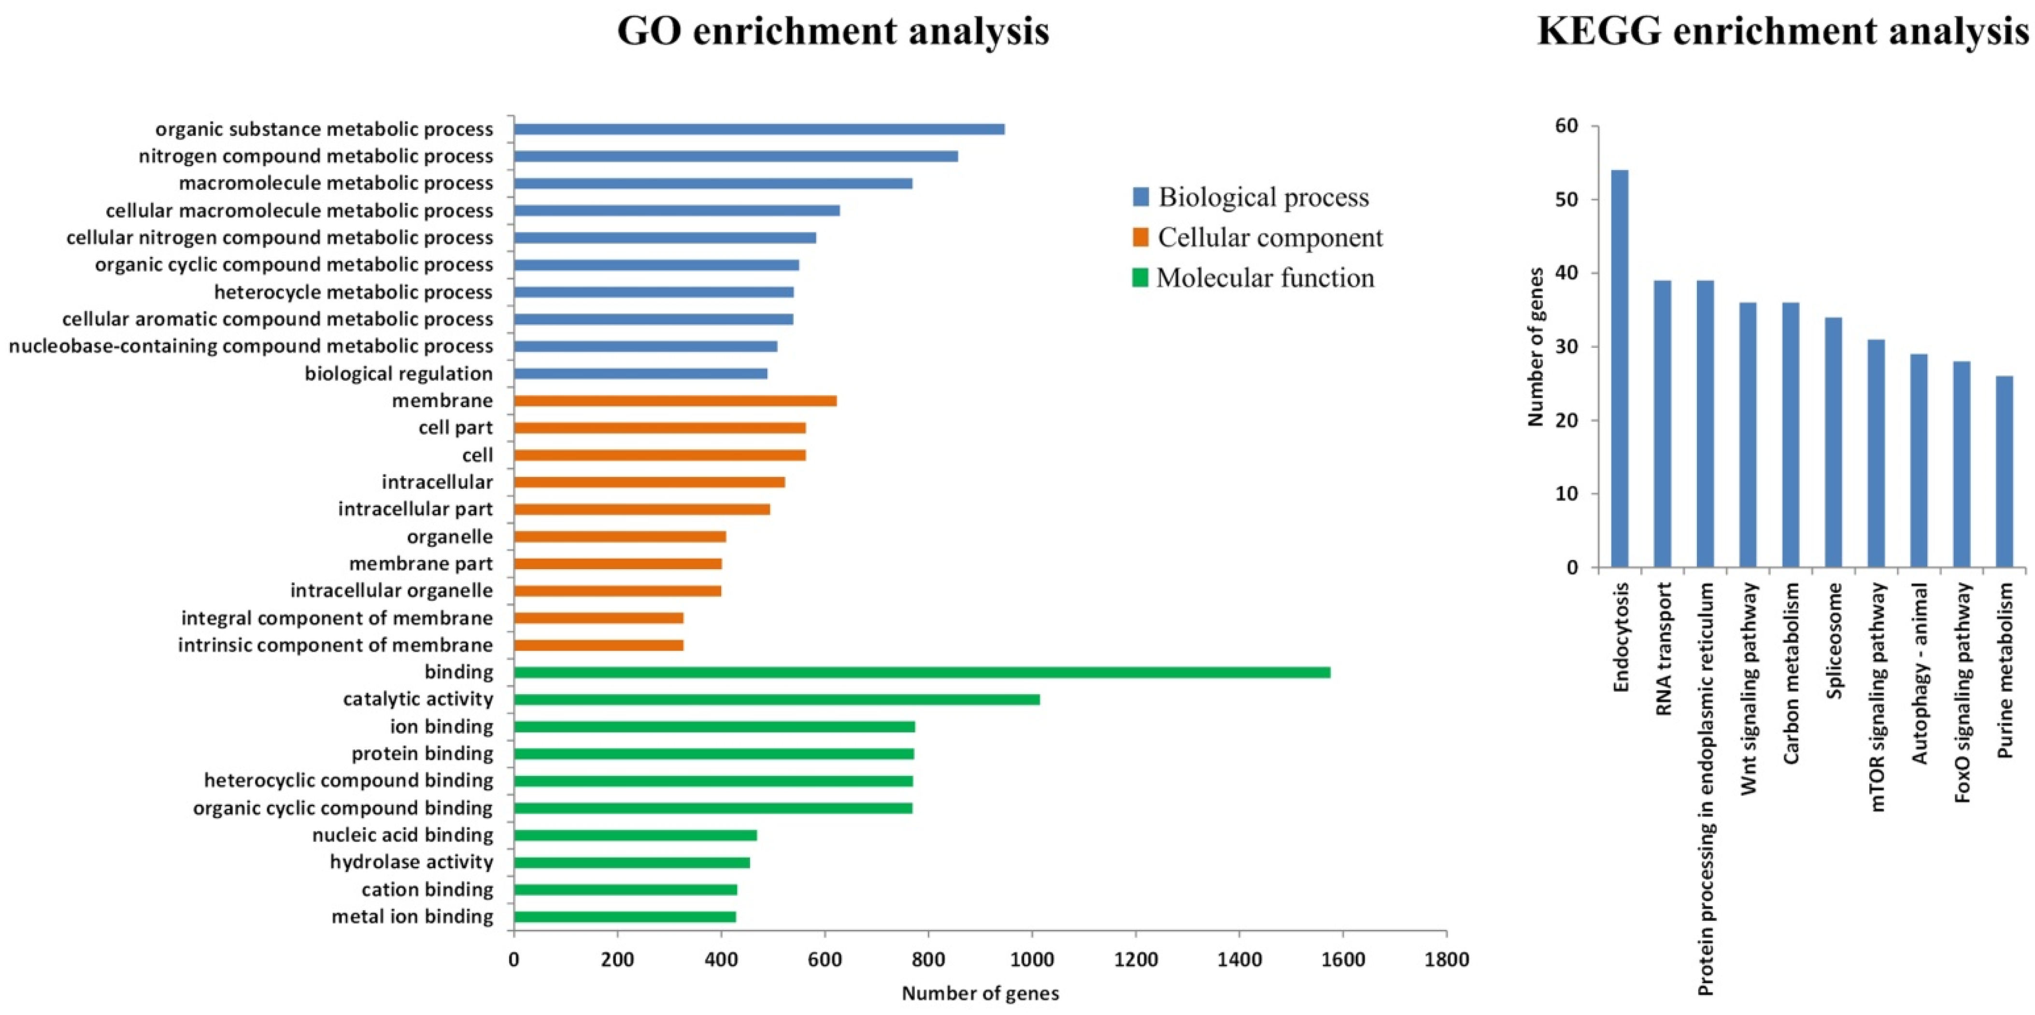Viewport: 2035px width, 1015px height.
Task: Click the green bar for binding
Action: [x=921, y=672]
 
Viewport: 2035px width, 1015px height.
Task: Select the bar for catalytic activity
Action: [x=777, y=699]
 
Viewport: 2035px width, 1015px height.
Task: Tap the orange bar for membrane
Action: [x=675, y=400]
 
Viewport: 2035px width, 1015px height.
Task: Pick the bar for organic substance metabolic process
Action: [x=758, y=129]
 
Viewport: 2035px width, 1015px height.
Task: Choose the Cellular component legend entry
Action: [x=1269, y=238]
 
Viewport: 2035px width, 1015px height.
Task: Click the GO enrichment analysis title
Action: [x=833, y=31]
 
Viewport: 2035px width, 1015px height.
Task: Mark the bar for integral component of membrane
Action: [x=598, y=618]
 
